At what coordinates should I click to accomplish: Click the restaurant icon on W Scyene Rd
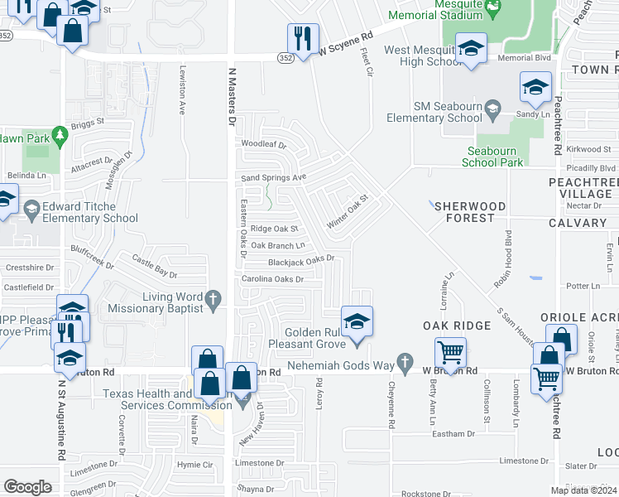(303, 38)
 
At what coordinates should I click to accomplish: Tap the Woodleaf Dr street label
(263, 145)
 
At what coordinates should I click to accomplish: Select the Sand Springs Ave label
(273, 177)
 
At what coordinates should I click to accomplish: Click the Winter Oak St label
(346, 212)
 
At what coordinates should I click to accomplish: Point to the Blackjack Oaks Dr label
(300, 260)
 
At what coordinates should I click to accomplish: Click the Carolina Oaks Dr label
(272, 280)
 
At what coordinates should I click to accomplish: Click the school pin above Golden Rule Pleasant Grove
(357, 321)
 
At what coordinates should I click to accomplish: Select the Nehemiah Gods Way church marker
(404, 362)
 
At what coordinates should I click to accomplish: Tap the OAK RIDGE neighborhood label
(458, 326)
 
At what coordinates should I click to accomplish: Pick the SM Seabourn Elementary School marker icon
(493, 108)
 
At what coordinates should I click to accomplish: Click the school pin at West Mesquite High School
(471, 48)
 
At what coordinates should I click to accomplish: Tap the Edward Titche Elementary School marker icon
(32, 208)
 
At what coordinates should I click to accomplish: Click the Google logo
(26, 487)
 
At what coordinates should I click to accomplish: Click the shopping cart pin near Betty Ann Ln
(450, 353)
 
